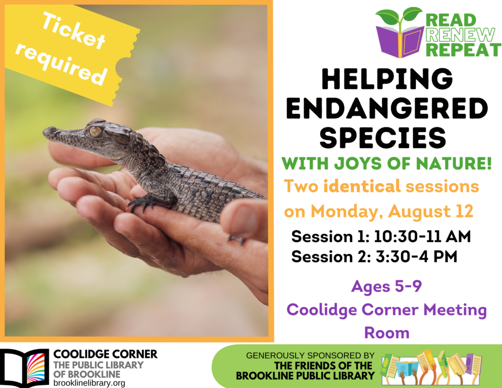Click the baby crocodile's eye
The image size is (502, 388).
(x=95, y=130)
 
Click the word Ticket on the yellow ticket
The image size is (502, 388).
(x=74, y=31)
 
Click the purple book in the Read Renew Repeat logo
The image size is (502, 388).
(x=400, y=42)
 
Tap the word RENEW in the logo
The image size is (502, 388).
(x=460, y=35)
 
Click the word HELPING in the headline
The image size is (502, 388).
(x=387, y=79)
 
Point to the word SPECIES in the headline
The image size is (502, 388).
(x=383, y=137)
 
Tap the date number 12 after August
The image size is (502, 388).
(x=464, y=211)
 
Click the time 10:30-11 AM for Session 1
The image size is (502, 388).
(x=422, y=236)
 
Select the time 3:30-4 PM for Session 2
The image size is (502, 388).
(x=417, y=257)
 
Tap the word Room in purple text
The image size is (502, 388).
(x=387, y=333)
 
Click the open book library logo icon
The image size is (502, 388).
(x=25, y=368)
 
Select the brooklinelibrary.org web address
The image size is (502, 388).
(x=89, y=383)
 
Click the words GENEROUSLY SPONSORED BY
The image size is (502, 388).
(x=310, y=355)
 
